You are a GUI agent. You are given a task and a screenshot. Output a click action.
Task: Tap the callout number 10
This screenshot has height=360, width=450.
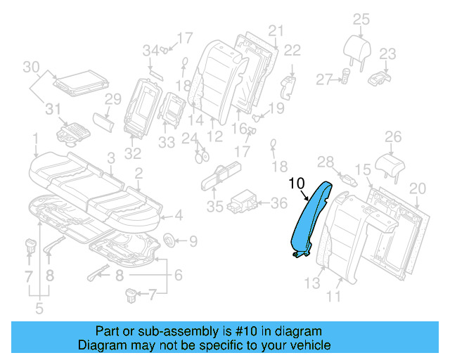[297, 184]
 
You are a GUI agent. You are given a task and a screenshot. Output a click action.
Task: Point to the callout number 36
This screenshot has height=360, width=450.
[279, 204]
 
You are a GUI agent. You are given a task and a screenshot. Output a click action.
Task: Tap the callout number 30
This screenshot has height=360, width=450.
[30, 67]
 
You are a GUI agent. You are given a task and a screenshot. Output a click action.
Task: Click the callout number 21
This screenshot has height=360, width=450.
[275, 30]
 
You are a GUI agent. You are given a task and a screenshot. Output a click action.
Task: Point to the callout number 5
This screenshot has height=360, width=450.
[39, 307]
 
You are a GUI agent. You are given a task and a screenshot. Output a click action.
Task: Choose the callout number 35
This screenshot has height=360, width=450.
[214, 207]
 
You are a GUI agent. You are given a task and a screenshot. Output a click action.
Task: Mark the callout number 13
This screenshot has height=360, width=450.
[311, 283]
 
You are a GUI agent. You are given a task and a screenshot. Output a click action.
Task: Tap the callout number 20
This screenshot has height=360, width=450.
[418, 188]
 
